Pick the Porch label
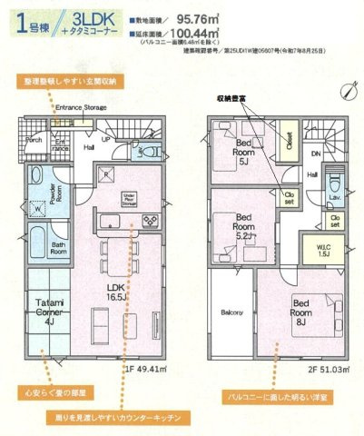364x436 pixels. (x=34, y=141)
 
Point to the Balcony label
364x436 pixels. (x=231, y=312)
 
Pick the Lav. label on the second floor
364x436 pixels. (x=334, y=195)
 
